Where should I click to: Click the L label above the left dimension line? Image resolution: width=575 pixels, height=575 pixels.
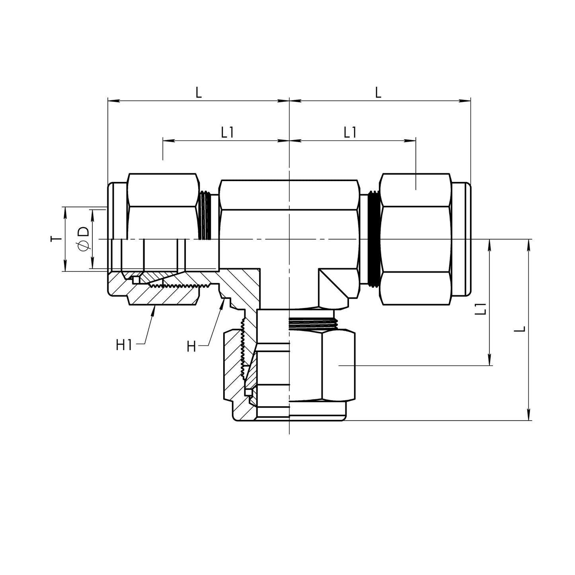pos(199,93)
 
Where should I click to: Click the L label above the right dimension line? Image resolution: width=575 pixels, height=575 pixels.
pos(378,93)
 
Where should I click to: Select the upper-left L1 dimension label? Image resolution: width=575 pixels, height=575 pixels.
pos(227,133)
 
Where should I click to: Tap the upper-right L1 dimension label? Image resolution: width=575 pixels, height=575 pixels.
pos(350,133)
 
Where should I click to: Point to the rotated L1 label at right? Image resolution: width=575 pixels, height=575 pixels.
pos(481,309)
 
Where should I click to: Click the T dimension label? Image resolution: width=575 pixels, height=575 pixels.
pos(57,239)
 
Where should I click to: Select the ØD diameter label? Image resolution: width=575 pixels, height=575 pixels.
pos(83,239)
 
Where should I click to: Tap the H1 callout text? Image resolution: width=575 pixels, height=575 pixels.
pos(124,345)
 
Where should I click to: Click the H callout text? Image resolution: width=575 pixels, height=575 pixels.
pos(191,347)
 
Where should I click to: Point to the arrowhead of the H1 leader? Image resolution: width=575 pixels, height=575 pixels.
pos(154,308)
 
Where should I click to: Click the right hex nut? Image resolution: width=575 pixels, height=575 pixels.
pos(416,239)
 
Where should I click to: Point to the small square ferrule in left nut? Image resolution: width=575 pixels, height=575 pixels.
pos(136,280)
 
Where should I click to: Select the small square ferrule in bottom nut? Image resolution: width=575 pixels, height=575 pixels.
pos(248,392)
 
